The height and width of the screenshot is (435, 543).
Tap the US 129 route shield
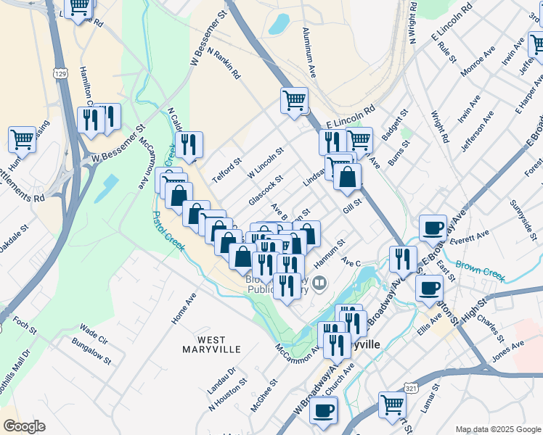coord(60,73)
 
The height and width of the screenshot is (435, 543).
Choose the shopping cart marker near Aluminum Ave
coord(295,99)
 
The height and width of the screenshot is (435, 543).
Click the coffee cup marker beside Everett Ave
coord(433,227)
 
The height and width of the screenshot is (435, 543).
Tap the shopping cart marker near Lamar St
coord(393,404)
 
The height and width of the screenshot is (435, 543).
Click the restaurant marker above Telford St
coord(189,144)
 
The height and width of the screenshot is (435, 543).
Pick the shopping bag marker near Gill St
coord(348,176)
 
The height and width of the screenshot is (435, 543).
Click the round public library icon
coord(319,282)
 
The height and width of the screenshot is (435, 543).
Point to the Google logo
coord(24,426)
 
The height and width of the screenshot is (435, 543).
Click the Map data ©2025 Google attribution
coord(497,429)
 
